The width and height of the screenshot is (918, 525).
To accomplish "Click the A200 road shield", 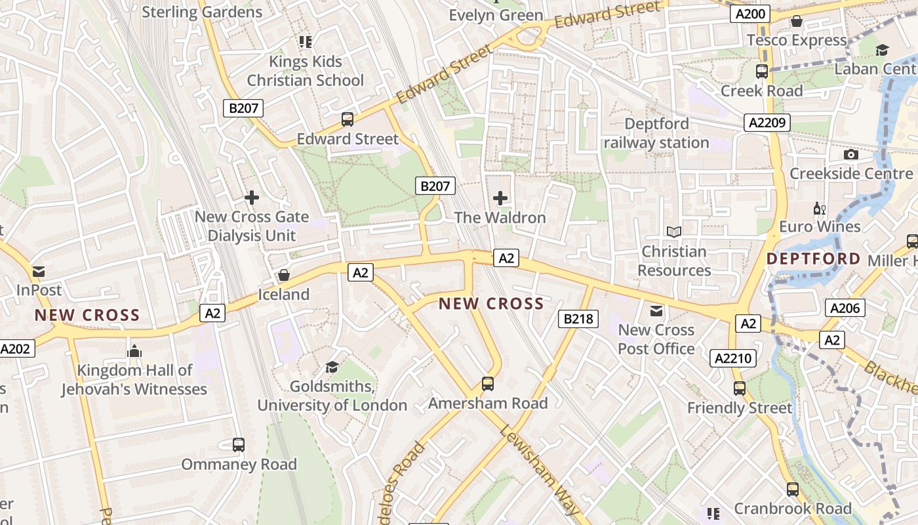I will pos(750,14).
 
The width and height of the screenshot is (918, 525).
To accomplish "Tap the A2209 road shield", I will pos(768,123).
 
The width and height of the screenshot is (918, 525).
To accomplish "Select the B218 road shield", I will pos(578,319).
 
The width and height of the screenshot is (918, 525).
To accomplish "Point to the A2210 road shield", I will pos(734,358).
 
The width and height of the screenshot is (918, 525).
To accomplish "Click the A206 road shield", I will pos(847,308).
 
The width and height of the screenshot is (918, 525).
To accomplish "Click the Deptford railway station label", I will pos(656,133).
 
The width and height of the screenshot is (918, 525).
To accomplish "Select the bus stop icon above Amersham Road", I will pos(487,383).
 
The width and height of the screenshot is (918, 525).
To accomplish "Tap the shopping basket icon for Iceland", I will pos(284,274).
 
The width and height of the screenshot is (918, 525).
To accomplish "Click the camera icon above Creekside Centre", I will pos(851,154).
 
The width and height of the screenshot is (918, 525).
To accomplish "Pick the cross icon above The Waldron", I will pos(500,198).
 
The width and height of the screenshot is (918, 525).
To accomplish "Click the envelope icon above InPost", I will pos(39,271).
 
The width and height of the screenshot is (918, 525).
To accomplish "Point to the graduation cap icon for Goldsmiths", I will pos(332,367).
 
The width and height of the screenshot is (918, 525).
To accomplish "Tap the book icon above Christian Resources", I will pos(674,232).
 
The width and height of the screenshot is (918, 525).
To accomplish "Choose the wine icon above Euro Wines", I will pos(819,208).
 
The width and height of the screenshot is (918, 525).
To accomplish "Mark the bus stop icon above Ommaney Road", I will pos(239,444).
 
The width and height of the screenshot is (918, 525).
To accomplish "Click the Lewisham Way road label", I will pos(539,469).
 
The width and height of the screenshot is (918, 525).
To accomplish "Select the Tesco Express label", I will pos(797,40).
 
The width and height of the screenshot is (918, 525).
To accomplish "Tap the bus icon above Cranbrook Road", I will pos(793,489).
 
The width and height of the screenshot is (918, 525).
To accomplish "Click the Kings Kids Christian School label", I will pos(306,71).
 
